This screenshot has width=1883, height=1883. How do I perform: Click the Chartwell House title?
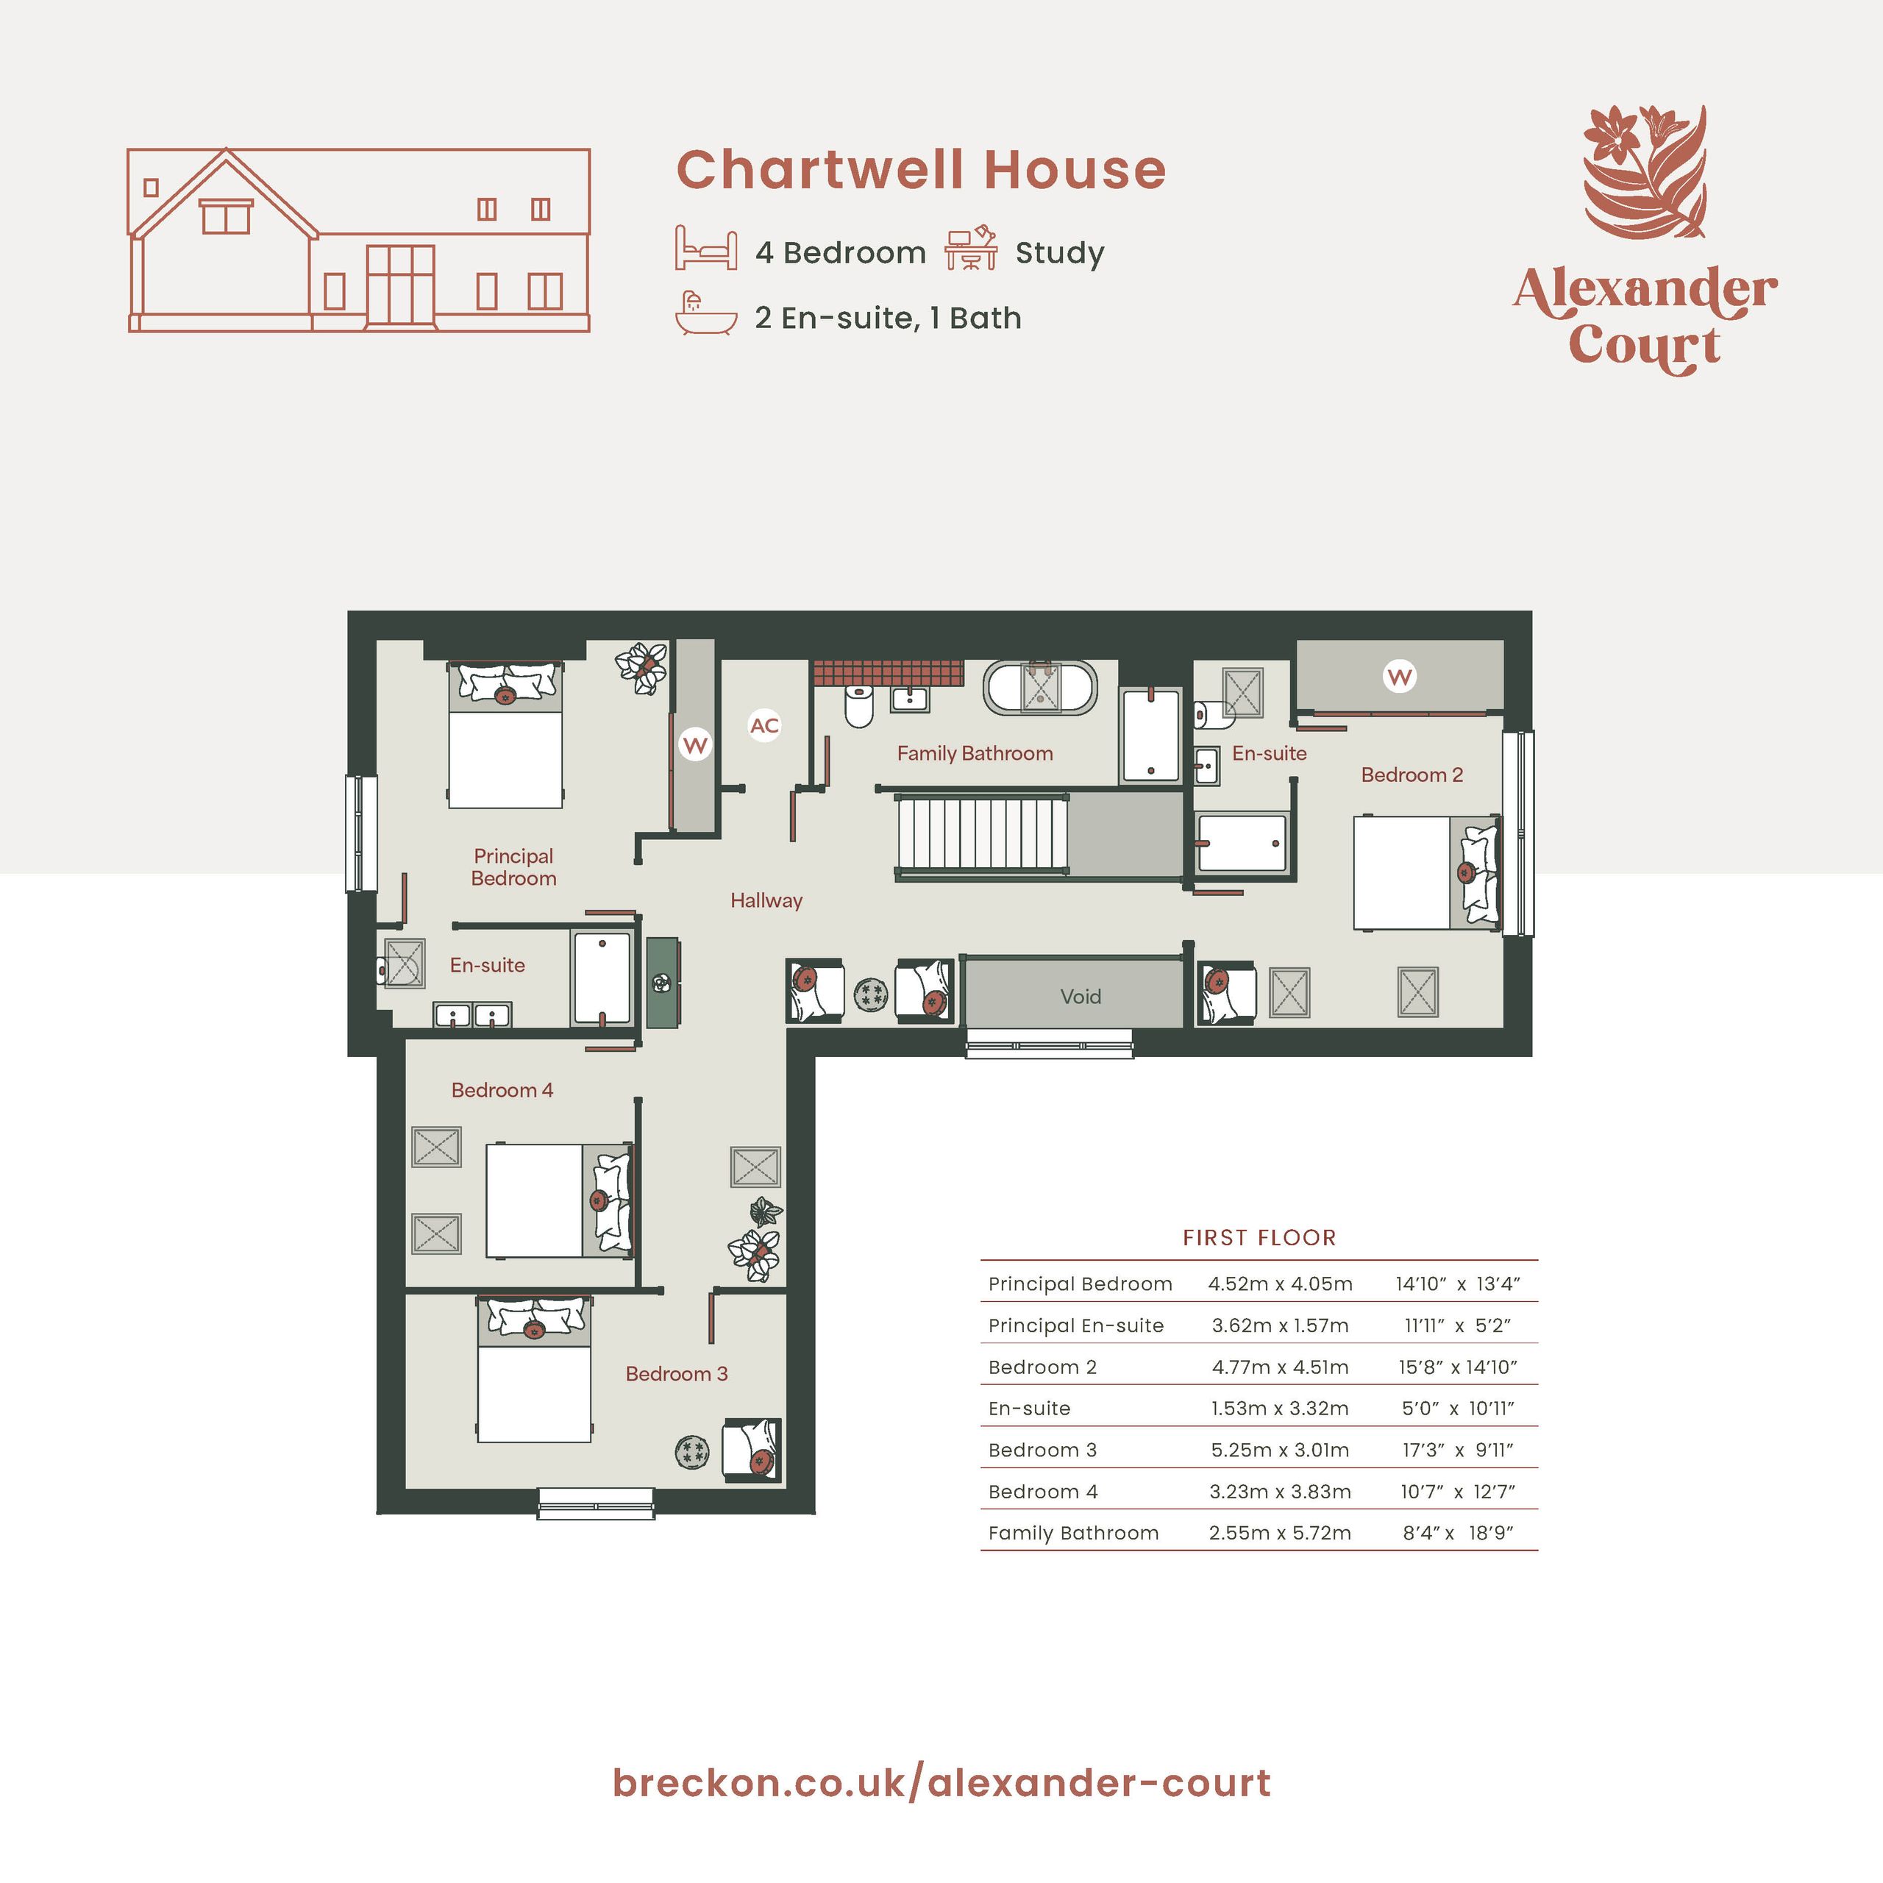[x=921, y=170]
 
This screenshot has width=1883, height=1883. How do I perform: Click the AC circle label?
[x=764, y=725]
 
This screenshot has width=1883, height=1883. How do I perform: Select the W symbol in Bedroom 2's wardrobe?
[x=1400, y=677]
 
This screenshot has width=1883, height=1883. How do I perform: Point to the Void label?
[x=1080, y=996]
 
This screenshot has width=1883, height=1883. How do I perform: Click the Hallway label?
[x=766, y=900]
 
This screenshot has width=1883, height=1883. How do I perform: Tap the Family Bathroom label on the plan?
[x=975, y=753]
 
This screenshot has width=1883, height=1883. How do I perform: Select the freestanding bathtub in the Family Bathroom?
[x=1040, y=688]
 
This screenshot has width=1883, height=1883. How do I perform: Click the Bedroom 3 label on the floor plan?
[x=677, y=1373]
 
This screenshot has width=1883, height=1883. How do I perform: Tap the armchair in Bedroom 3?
[x=752, y=1451]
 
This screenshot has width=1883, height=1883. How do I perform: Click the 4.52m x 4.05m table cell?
[x=1280, y=1284]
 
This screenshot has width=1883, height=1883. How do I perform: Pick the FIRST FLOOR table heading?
[x=1259, y=1238]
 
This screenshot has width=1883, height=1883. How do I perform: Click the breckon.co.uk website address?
[x=941, y=1783]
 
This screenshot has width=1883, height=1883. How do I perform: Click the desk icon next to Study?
[x=971, y=248]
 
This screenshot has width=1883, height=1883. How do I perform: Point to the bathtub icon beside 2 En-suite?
[x=705, y=314]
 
